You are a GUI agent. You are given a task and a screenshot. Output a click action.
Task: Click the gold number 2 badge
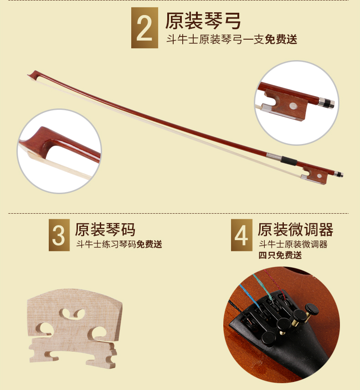click(x=144, y=28)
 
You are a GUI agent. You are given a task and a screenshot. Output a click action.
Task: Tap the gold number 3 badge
click(x=59, y=235)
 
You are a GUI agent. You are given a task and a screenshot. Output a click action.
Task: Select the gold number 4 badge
click(x=242, y=235)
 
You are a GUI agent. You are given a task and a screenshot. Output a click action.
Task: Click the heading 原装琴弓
click(x=203, y=21)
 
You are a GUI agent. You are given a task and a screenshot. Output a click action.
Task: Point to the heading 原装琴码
click(x=105, y=229)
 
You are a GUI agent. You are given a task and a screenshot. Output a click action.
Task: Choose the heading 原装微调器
click(x=295, y=229)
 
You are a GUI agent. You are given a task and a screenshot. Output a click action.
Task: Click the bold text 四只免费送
click(x=280, y=255)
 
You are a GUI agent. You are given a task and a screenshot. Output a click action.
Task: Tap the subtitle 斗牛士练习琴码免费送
click(x=119, y=244)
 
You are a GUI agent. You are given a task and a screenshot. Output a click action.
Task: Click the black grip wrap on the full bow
click(x=289, y=161)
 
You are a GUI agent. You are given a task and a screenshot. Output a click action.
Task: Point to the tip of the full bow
click(x=28, y=75)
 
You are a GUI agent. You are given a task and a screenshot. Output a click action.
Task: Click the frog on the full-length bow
click(x=315, y=175)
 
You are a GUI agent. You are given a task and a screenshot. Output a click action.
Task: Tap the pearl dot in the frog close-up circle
click(x=293, y=106)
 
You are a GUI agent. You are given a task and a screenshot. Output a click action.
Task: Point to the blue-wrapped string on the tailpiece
click(x=250, y=297)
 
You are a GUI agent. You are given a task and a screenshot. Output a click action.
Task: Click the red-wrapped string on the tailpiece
click(x=274, y=281)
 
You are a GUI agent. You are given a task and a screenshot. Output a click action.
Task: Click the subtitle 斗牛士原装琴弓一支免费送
click(x=231, y=40)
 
